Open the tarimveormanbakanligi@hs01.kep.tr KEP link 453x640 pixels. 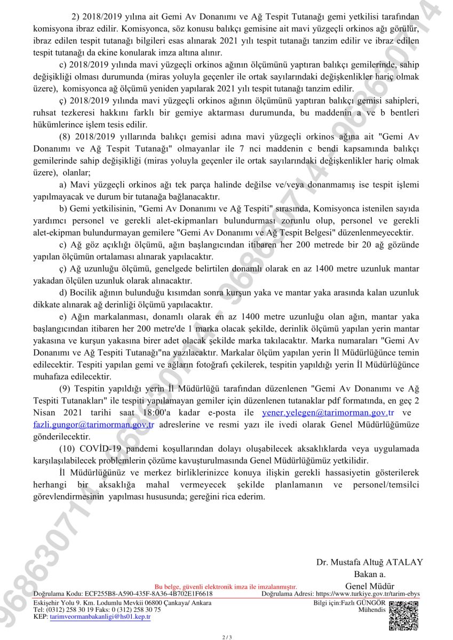point(100,617)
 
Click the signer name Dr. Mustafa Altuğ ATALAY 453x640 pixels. point(369,562)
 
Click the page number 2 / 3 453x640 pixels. point(227,637)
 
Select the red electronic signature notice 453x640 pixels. point(226,587)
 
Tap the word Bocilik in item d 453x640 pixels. point(84,292)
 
